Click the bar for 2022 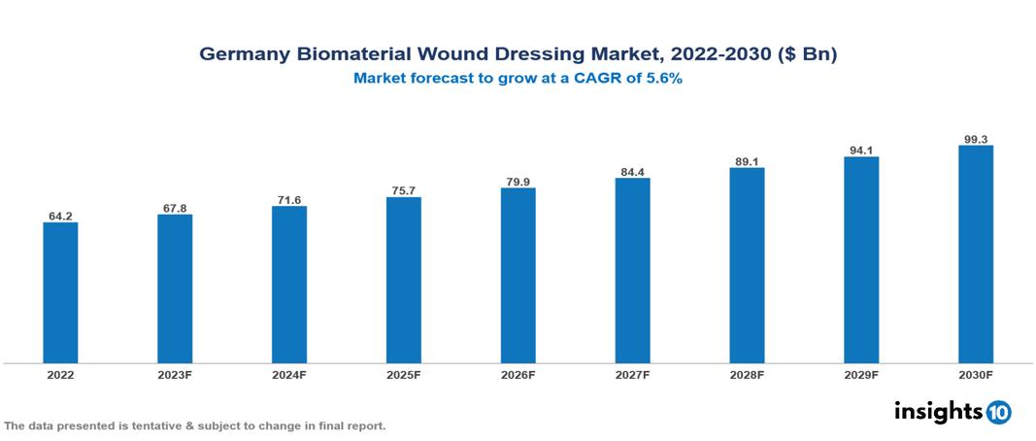tap(60, 292)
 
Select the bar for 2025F tap(403, 280)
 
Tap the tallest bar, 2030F tap(975, 254)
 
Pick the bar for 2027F tap(632, 270)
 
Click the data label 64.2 tap(60, 216)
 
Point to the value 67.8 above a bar tap(175, 207)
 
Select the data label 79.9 tap(518, 181)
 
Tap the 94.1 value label tap(860, 150)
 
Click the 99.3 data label tap(975, 139)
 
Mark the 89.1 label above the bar tap(747, 161)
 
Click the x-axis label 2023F tap(175, 375)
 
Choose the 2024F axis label tap(289, 375)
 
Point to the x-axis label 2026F tap(518, 375)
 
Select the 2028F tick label tap(747, 375)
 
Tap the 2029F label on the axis tap(860, 375)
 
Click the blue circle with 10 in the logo tap(998, 412)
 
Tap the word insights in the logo tap(938, 411)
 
